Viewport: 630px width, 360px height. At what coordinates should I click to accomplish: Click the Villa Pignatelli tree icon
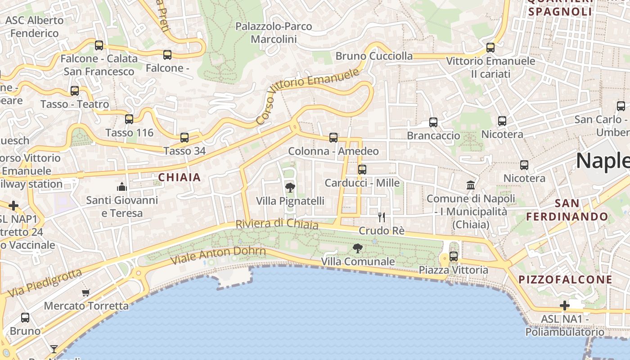(x=290, y=187)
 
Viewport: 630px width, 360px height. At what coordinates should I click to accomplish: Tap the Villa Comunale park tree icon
(x=358, y=248)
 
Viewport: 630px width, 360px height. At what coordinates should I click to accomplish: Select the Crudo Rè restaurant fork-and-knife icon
(x=382, y=217)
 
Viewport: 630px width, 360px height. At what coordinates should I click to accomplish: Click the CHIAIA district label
(x=180, y=178)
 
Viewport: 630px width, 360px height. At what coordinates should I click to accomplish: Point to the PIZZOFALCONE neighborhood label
(x=565, y=279)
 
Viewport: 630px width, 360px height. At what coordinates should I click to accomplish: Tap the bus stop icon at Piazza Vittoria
(x=454, y=256)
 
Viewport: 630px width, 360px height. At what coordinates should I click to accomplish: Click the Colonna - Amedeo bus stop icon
(x=333, y=138)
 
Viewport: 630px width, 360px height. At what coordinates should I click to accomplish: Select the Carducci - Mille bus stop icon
(x=362, y=170)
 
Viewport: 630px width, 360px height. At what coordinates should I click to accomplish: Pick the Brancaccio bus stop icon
(x=433, y=122)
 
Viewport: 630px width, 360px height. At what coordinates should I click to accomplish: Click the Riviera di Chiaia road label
(x=277, y=224)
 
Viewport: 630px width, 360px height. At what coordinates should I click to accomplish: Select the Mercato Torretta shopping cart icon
(x=86, y=292)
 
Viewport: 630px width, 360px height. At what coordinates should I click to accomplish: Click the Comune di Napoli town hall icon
(x=471, y=185)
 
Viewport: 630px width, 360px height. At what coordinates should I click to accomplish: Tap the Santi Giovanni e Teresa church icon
(x=122, y=187)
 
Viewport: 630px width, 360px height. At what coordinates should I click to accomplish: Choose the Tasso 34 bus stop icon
(x=184, y=138)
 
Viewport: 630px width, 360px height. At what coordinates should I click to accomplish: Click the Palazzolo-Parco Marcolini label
(x=274, y=33)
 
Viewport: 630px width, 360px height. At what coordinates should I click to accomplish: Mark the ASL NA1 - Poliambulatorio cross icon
(x=565, y=306)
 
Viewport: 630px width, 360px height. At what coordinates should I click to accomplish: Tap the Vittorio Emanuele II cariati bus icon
(x=490, y=47)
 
